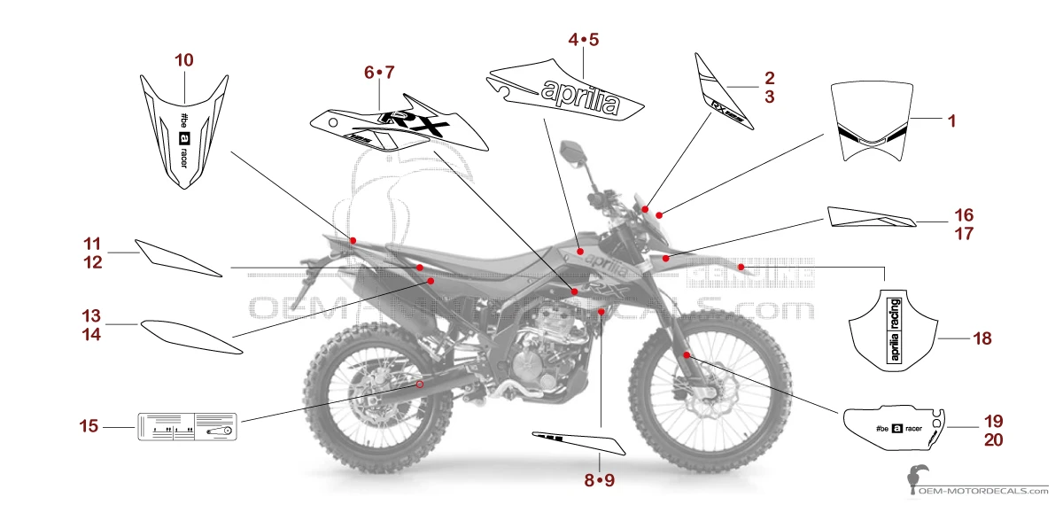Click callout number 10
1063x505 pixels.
coord(184,60)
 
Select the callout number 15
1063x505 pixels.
coord(89,427)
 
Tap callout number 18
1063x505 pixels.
coord(982,338)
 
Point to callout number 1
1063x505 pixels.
coord(952,119)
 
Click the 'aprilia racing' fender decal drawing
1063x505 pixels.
coord(893,325)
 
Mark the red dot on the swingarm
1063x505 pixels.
coord(421,385)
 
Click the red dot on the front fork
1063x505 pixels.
coord(687,354)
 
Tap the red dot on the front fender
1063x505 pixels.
coord(741,266)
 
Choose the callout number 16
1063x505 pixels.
coord(964,215)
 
